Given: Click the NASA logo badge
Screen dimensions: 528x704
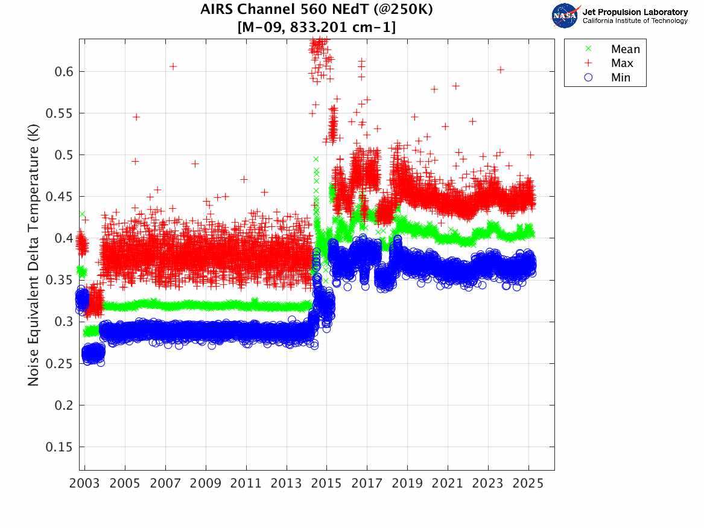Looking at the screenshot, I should tap(565, 16).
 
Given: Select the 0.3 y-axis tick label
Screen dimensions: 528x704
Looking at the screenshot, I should tap(62, 322).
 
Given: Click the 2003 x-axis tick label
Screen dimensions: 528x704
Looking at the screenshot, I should tap(85, 484).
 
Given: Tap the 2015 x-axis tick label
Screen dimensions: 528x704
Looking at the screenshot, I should tap(327, 484).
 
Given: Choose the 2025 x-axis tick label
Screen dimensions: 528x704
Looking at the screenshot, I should tap(528, 484).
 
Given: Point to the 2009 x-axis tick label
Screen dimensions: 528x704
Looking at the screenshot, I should tap(206, 484).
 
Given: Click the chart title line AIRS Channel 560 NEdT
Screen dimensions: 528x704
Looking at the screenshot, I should tap(317, 10).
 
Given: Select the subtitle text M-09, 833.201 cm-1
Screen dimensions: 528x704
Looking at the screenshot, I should tap(317, 27).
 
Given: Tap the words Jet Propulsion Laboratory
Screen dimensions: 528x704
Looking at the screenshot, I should tap(635, 12).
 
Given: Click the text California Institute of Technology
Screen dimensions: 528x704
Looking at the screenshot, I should tap(635, 21).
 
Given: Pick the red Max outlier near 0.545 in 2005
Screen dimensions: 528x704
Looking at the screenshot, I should tap(136, 117).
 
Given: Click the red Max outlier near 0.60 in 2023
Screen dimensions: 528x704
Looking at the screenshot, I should tap(500, 70).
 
